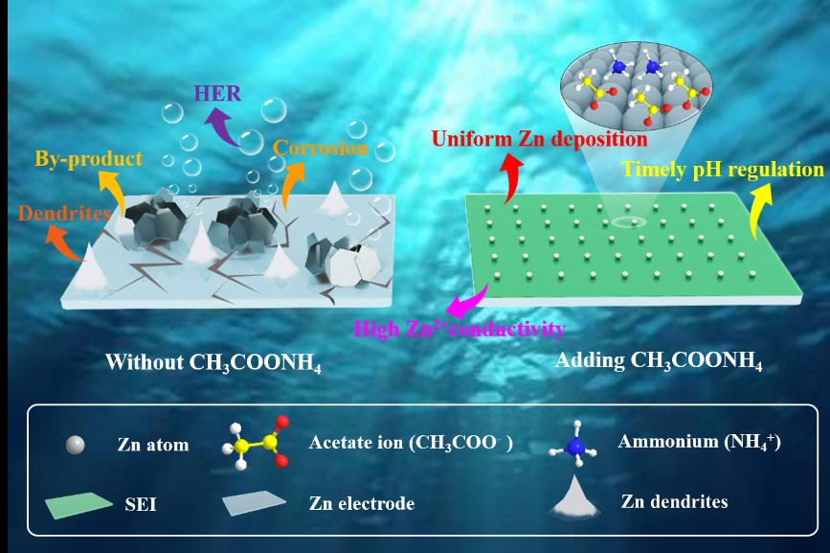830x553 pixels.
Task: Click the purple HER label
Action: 217,93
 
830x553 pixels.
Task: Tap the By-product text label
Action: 89,158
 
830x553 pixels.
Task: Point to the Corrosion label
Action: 320,149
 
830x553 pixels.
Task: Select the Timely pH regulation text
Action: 723,170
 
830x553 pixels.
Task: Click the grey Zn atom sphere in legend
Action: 75,444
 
